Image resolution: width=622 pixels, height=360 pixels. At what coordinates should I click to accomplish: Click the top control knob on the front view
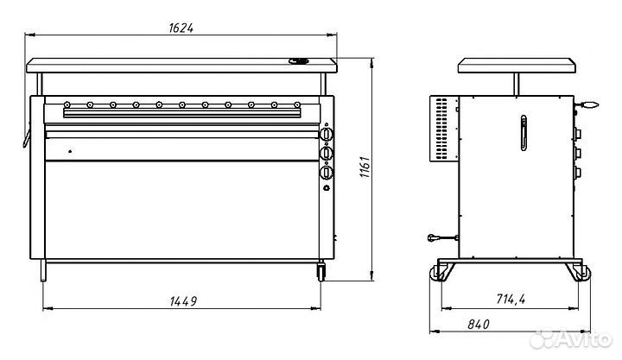[327, 136]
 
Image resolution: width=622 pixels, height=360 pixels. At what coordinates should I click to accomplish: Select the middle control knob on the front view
[327, 153]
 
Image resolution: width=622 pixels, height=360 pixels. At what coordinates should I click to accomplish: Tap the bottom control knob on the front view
[327, 172]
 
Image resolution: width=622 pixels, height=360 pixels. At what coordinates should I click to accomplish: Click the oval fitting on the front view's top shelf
[299, 61]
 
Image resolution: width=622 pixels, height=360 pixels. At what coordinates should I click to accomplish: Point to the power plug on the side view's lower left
[435, 239]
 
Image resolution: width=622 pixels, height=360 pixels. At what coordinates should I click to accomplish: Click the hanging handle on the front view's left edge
[25, 135]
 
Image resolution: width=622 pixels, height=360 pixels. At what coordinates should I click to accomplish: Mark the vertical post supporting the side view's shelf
[515, 84]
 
